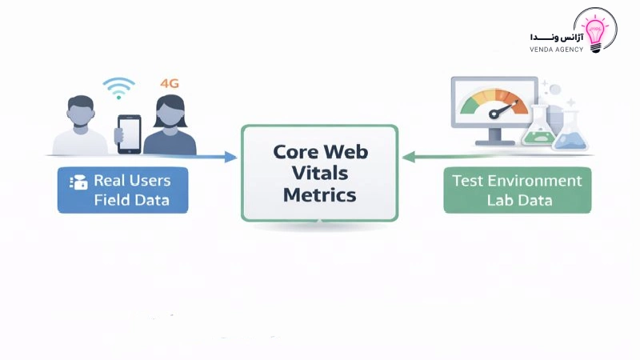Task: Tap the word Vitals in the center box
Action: [x=320, y=173]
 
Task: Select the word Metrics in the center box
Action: [x=320, y=194]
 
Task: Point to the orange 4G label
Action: [x=170, y=82]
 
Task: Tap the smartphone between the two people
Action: [x=129, y=134]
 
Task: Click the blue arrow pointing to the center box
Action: [x=216, y=158]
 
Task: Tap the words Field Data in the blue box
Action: [x=131, y=199]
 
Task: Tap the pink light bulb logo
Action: [x=595, y=31]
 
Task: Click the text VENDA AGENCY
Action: [x=556, y=50]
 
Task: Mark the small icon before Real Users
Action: [x=78, y=182]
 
